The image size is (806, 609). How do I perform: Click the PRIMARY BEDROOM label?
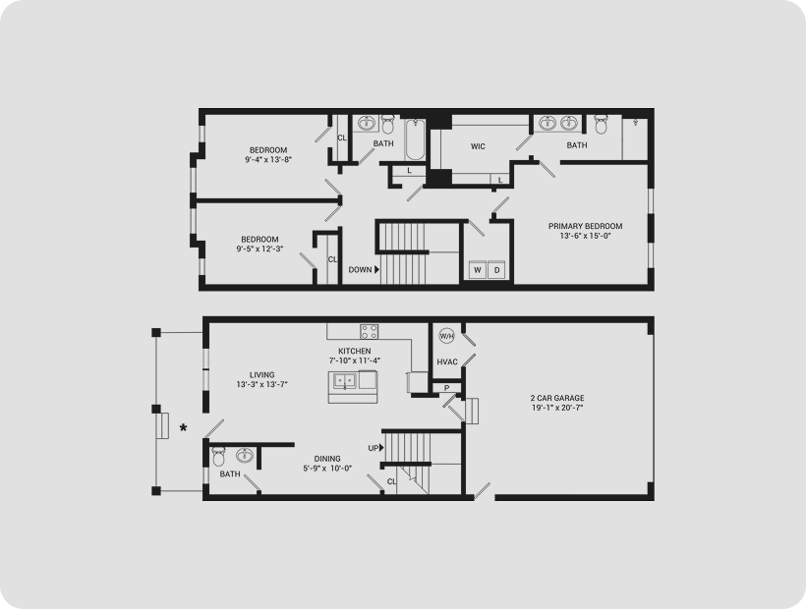click(x=585, y=226)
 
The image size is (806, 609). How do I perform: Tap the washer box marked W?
click(x=478, y=270)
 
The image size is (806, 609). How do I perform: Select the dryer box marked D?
click(x=496, y=270)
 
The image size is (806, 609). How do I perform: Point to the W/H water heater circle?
click(x=446, y=336)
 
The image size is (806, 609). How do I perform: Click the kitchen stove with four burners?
click(x=369, y=332)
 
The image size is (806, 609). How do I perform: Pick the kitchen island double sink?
click(x=344, y=380)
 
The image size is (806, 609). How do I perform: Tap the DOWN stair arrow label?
click(x=364, y=269)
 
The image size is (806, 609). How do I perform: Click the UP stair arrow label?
click(x=375, y=448)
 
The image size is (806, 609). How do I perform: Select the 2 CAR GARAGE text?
click(x=557, y=398)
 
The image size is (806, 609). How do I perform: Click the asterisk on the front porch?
click(x=183, y=427)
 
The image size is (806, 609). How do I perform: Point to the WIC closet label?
click(x=478, y=146)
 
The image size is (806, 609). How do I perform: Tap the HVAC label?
click(x=447, y=362)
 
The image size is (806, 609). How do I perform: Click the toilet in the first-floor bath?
click(x=219, y=457)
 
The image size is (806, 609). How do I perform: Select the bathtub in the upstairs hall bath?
click(x=415, y=139)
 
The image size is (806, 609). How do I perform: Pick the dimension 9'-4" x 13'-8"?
click(x=268, y=160)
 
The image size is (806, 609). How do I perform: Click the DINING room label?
click(x=327, y=459)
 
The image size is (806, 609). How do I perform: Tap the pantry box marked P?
click(x=446, y=388)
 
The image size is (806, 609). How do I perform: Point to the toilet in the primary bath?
click(x=601, y=124)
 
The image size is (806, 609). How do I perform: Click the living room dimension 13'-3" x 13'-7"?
click(x=262, y=384)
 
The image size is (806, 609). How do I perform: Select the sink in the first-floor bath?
click(x=244, y=456)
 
